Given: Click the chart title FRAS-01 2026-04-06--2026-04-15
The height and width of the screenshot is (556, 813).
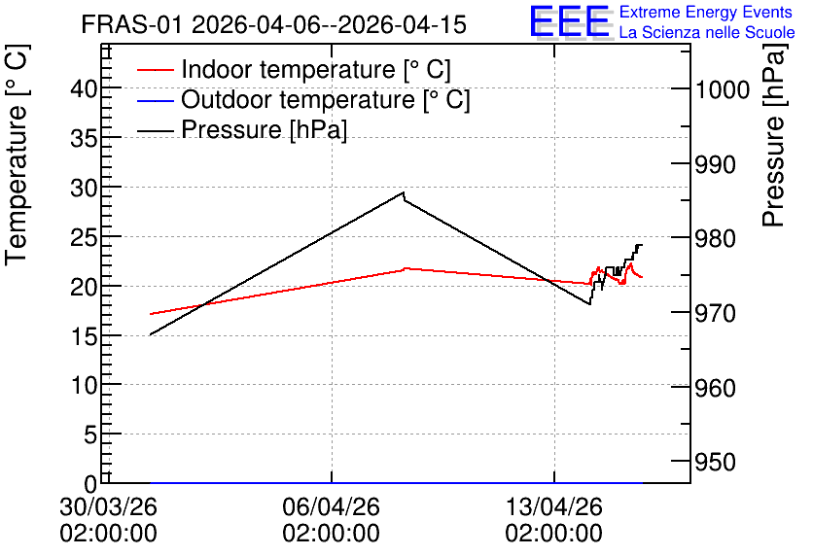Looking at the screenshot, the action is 274,24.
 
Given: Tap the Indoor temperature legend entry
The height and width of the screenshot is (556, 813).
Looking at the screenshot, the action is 294,69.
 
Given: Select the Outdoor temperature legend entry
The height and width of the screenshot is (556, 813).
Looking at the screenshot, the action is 303,99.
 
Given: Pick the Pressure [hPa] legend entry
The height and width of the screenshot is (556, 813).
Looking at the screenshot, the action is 242,129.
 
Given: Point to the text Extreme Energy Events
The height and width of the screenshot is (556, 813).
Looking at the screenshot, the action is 706,12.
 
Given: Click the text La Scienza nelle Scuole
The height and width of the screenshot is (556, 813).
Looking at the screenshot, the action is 707,32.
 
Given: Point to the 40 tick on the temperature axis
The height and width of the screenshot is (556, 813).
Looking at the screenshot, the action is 84,89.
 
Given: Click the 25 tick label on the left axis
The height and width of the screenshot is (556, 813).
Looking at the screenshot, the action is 84,237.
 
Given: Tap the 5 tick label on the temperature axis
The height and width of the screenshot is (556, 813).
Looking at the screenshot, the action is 90,434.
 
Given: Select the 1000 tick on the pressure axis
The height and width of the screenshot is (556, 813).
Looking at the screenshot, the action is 723,90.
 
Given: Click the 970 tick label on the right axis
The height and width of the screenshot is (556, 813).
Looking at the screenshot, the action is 716,313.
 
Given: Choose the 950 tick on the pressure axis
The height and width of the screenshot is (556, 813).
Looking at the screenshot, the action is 716,462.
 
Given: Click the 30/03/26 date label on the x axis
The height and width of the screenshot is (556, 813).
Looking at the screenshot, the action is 108,506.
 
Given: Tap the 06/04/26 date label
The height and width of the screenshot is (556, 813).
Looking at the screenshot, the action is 332,506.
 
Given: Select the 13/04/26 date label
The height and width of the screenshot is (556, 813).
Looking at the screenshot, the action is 554,506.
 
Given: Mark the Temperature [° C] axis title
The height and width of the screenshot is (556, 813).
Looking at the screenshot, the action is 17,155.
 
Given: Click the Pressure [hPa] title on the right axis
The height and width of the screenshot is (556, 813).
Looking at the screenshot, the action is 775,135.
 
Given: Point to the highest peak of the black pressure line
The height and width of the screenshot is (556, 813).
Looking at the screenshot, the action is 404,192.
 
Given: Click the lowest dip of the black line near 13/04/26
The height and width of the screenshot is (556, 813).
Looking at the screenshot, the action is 589,304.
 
